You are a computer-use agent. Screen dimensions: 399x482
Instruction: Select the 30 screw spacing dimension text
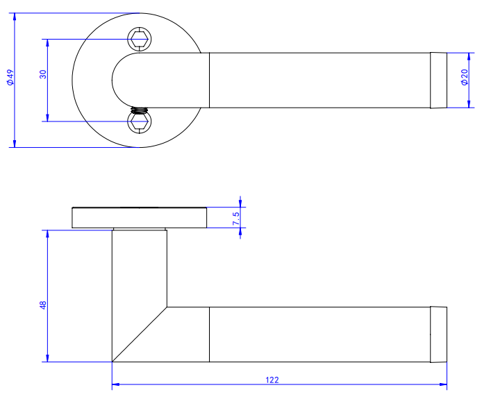point(43,75)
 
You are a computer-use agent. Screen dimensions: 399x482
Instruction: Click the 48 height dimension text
point(43,305)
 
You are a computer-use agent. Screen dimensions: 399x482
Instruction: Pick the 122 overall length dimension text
point(273,380)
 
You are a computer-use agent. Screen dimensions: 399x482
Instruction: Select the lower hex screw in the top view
point(139,122)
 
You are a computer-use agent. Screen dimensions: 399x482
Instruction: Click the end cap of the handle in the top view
point(438,80)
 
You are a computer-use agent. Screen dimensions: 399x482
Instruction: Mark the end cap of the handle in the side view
point(438,334)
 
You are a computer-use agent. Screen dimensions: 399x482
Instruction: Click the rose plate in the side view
point(139,218)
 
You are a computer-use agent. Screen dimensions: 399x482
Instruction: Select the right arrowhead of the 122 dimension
point(442,384)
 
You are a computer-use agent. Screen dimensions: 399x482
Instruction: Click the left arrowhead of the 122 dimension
point(116,384)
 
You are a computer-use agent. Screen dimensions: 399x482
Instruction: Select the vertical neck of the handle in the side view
point(139,278)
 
